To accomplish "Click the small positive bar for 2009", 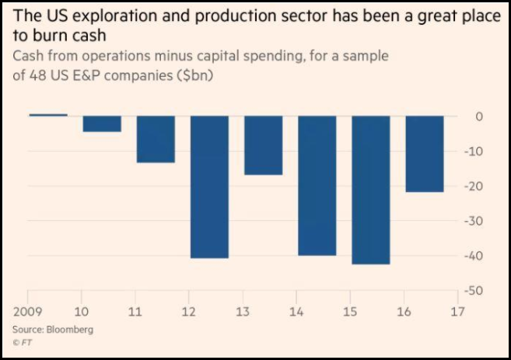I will coord(48,115).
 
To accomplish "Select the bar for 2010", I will coord(102,124).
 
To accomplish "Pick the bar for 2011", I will coord(156,139).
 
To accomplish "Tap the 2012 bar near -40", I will coord(210,187).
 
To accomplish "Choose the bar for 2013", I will coord(263,145).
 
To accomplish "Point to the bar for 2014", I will coord(317,186).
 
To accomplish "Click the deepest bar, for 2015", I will coord(371,190).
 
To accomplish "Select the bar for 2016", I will coord(425,154).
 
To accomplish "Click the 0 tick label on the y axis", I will coord(480,117).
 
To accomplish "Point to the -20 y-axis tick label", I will coord(476,187).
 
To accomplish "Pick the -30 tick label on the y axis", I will coord(476,222).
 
